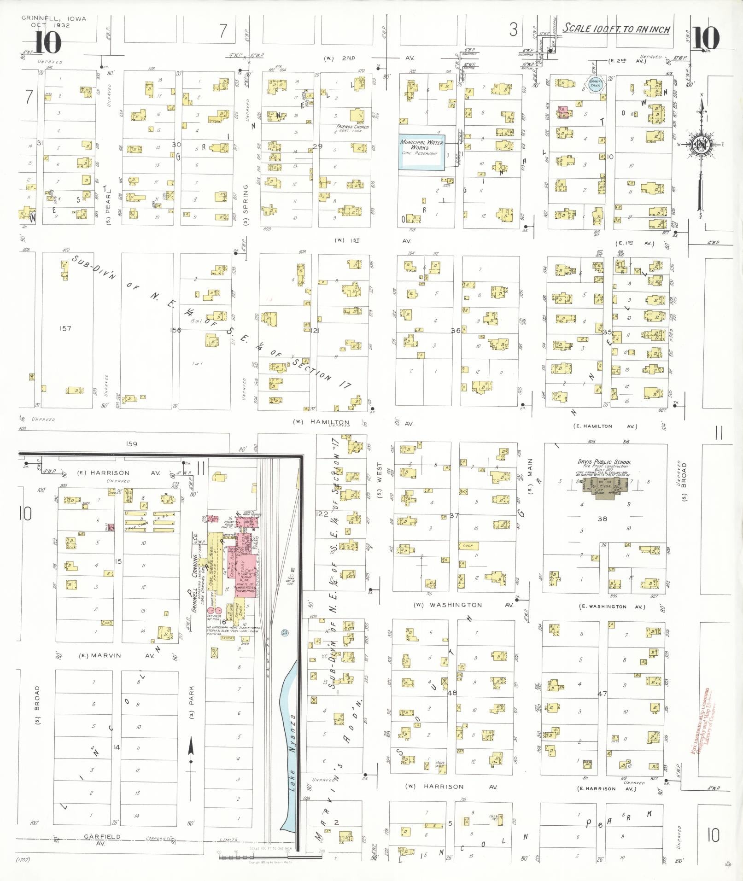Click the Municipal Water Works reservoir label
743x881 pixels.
pos(421,147)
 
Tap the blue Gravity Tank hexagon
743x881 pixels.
pos(596,85)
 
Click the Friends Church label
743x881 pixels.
pos(353,128)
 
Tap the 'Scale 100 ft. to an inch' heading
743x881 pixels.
pos(616,29)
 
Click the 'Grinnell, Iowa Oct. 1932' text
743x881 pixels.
pos(53,22)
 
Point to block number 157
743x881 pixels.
pos(65,328)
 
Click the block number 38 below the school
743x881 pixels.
pos(602,519)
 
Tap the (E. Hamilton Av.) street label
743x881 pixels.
pos(605,426)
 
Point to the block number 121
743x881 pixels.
pos(315,331)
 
